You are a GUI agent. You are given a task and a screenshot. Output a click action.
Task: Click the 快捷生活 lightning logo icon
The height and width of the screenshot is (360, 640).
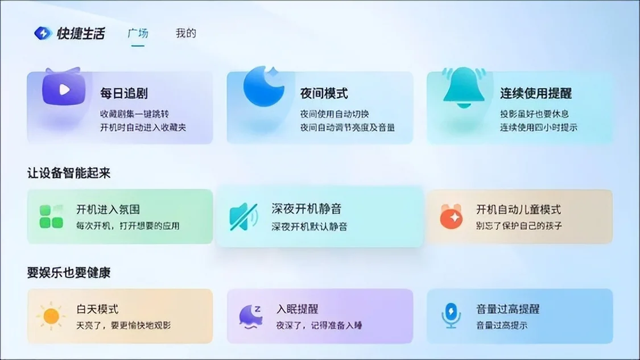pyautogui.click(x=43, y=33)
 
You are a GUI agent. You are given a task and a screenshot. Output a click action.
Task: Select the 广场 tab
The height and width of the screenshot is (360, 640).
pyautogui.click(x=138, y=33)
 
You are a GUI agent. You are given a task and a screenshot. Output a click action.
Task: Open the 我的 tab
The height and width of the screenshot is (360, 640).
pyautogui.click(x=185, y=33)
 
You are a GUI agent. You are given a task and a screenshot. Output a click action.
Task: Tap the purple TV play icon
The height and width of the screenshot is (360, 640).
pyautogui.click(x=64, y=88)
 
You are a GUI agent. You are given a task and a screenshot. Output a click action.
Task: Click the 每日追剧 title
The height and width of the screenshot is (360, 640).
pyautogui.click(x=124, y=93)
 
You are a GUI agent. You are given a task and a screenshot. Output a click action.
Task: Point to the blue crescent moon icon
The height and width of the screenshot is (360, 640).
pyautogui.click(x=263, y=86)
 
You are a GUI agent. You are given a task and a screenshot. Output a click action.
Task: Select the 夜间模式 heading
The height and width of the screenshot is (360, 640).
pyautogui.click(x=324, y=93)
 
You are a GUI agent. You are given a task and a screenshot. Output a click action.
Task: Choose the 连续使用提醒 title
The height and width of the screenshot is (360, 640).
pyautogui.click(x=536, y=93)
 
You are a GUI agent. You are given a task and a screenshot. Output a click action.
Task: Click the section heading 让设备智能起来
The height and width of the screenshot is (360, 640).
pyautogui.click(x=69, y=173)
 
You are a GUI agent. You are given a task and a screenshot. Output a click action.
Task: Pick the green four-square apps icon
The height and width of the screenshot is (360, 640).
pyautogui.click(x=51, y=216)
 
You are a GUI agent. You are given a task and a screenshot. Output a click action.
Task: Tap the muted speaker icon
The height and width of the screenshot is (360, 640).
pyautogui.click(x=243, y=216)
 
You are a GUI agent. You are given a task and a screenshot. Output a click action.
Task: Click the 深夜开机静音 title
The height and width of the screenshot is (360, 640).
pyautogui.click(x=307, y=209)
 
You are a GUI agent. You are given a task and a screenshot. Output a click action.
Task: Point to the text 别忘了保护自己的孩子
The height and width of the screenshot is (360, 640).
pyautogui.click(x=519, y=226)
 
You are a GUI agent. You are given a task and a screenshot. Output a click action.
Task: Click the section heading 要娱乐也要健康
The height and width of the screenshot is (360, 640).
pyautogui.click(x=69, y=272)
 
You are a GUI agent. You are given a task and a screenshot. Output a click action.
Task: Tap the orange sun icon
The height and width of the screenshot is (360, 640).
pyautogui.click(x=51, y=316)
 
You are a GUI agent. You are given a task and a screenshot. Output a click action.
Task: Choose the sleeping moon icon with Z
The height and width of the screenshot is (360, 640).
pyautogui.click(x=250, y=316)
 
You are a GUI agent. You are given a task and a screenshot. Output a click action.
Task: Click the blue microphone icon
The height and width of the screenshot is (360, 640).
pyautogui.click(x=451, y=316)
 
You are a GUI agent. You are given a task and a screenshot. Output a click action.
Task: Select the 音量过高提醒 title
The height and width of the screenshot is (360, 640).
pyautogui.click(x=508, y=309)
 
